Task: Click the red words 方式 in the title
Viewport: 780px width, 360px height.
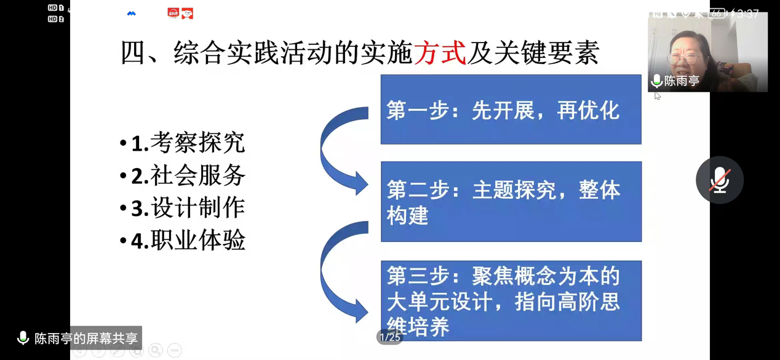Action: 440,53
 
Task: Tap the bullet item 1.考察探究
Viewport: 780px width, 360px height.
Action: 183,143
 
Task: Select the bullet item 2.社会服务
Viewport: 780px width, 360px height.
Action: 183,175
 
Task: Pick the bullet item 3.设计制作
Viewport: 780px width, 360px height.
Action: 183,208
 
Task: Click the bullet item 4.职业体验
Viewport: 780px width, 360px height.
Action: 183,241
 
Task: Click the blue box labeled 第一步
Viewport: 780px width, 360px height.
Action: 511,110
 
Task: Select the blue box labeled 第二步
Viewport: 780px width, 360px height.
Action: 511,201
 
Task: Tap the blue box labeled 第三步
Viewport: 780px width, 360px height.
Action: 511,301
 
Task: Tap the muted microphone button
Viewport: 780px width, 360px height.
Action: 720,180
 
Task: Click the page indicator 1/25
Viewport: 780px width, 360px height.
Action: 390,337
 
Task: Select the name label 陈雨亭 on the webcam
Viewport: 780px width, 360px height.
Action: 682,81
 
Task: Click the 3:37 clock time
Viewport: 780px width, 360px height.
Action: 748,14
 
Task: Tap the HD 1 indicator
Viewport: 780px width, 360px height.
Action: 56,7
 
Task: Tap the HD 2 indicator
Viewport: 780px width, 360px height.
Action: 56,19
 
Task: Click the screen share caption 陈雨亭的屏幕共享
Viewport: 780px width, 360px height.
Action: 86,338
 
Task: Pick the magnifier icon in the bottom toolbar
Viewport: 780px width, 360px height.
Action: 155,350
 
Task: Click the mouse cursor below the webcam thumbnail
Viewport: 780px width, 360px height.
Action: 657,96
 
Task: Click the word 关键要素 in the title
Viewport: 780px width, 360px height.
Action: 546,53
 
